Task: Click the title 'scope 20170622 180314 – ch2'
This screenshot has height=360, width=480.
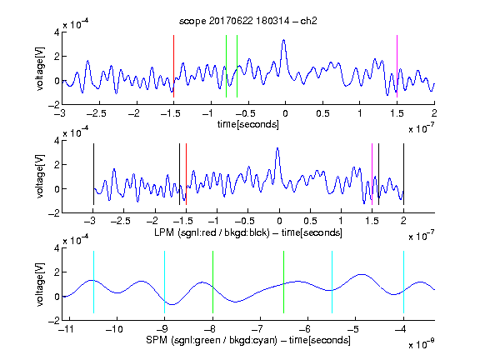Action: [248, 21]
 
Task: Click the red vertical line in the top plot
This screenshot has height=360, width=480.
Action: [173, 66]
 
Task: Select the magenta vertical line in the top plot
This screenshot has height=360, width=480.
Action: [397, 66]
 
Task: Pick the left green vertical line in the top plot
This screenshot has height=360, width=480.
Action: [226, 66]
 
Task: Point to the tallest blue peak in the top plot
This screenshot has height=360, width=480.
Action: [284, 40]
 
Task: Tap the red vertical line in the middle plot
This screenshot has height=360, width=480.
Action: [186, 174]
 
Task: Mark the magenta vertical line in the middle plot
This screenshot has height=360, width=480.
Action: [372, 174]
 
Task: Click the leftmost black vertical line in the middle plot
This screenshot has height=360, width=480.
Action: [93, 174]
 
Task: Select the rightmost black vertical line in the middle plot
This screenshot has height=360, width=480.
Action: [403, 174]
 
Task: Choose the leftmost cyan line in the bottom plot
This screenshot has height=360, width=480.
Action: [93, 282]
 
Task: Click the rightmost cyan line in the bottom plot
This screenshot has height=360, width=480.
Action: [403, 282]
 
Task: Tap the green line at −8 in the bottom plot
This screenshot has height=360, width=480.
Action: [212, 282]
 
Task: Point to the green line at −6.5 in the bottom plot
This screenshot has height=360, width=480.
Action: [284, 282]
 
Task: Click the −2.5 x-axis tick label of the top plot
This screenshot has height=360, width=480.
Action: [96, 113]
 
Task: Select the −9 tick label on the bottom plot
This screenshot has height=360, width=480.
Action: [162, 329]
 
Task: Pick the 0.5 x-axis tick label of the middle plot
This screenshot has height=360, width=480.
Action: [310, 221]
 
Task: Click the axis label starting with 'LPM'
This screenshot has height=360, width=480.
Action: [248, 232]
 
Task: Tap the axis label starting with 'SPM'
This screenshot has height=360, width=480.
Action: [248, 340]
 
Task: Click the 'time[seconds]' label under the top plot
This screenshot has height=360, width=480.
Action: [248, 124]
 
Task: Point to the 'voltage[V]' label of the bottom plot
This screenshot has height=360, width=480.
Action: [40, 284]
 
